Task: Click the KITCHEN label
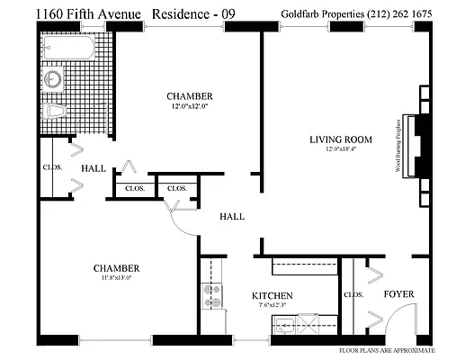[x=273, y=295]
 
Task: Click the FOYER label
[x=398, y=294]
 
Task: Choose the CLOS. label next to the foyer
[x=353, y=294]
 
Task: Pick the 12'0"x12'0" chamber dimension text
[x=189, y=108]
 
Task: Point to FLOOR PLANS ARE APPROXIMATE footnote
[x=387, y=349]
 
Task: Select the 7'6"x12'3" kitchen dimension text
[x=273, y=305]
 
